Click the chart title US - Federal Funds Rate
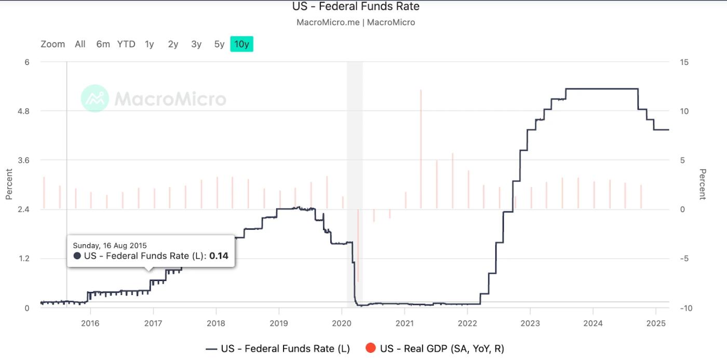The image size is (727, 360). (x=356, y=7)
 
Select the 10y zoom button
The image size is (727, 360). (x=241, y=44)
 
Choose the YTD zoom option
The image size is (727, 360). (x=126, y=44)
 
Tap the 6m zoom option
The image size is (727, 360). (x=103, y=44)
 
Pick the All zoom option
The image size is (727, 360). (x=80, y=44)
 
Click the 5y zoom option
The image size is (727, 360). (x=219, y=44)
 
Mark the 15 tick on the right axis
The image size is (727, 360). (x=684, y=62)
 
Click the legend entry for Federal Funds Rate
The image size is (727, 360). (x=278, y=349)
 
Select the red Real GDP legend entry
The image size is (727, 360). (x=435, y=349)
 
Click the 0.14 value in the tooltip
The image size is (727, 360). (x=219, y=256)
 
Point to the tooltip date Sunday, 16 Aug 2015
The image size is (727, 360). (x=110, y=245)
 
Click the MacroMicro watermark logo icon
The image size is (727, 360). (x=95, y=98)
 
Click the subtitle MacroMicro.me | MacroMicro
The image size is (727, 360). (x=356, y=22)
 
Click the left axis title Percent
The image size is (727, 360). (x=9, y=184)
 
